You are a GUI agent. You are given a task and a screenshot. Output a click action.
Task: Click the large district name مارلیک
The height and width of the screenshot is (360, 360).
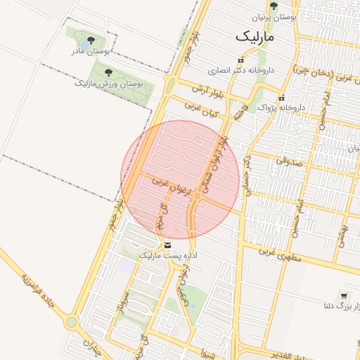pos(255,34)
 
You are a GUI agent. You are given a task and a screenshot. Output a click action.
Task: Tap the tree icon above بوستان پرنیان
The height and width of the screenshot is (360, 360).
pos(274,6)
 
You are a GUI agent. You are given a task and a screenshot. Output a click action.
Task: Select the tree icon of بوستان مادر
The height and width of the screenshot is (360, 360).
pos(92,40)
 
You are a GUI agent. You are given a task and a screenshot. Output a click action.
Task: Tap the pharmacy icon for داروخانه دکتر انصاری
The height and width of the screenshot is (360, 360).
pos(241,60)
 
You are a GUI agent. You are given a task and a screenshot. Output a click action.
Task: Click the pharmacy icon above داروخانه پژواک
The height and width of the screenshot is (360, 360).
pos(281,98)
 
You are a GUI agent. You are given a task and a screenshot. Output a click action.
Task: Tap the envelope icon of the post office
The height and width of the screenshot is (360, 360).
pos(167,245)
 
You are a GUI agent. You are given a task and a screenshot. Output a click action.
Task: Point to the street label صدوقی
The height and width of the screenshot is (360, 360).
pos(288,160)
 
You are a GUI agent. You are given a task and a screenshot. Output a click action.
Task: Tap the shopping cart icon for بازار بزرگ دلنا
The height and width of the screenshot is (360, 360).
pos(343,296)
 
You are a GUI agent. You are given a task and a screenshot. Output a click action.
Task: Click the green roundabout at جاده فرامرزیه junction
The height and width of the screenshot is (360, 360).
pos(71,323)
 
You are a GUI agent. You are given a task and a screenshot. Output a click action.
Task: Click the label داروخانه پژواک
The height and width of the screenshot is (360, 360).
pos(283,108)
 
